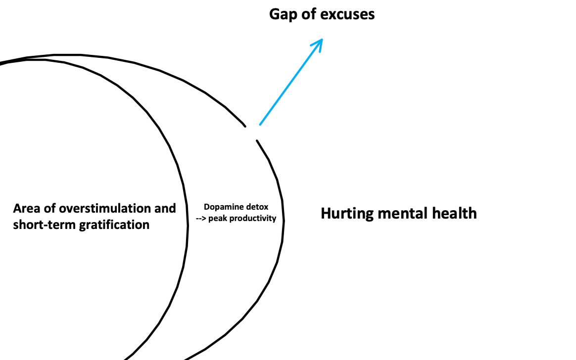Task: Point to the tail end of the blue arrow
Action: point(261,124)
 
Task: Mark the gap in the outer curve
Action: point(251,133)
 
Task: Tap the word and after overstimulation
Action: point(165,208)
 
